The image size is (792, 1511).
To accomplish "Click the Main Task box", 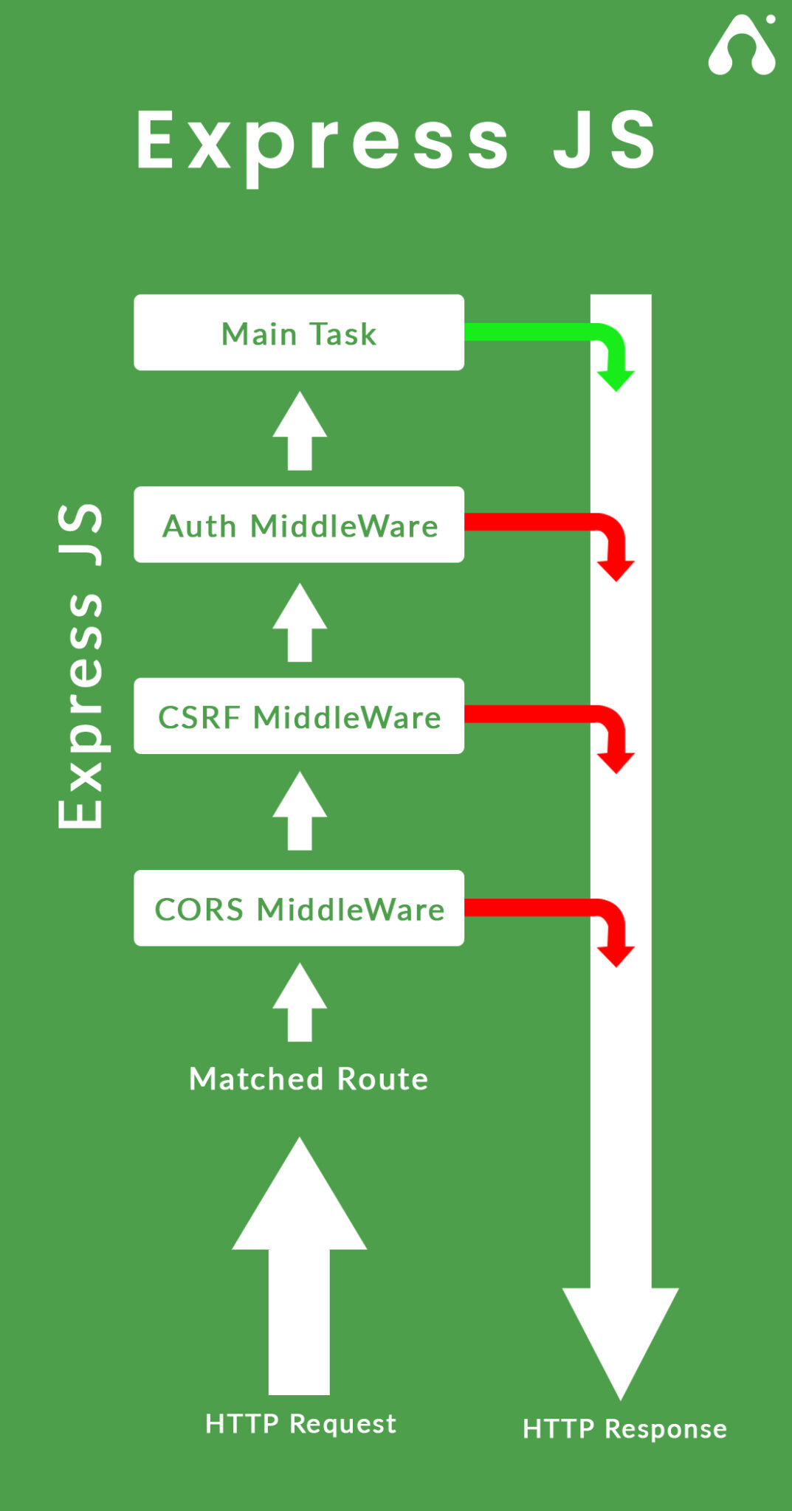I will [298, 333].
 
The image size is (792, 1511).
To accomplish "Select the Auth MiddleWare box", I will [298, 525].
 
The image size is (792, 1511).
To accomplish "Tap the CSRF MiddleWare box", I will [298, 716].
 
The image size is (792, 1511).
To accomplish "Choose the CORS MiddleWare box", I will [298, 908].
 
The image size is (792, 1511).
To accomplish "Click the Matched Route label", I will [309, 1079].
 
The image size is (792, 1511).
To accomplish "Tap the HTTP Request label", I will [300, 1423].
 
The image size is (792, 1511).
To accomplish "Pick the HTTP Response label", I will [624, 1428].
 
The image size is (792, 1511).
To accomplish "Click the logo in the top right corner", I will [742, 46].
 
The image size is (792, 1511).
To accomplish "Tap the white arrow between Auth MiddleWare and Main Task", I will [300, 432].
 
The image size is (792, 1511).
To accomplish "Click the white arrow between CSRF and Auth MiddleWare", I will [300, 624].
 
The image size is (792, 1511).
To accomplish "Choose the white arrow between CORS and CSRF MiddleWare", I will [300, 812].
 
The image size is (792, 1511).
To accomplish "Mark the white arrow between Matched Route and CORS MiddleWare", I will [300, 1003].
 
